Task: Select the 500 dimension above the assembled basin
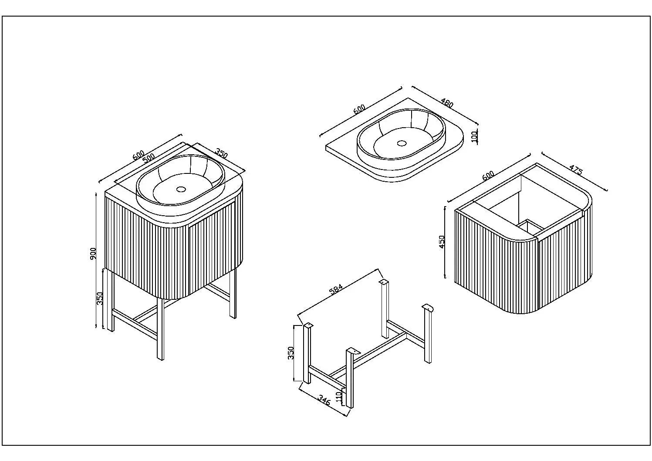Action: click(x=149, y=158)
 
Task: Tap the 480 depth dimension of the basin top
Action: click(x=447, y=104)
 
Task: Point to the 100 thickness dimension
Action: click(x=475, y=136)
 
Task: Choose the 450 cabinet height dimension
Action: click(x=442, y=242)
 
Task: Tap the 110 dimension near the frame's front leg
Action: click(x=340, y=397)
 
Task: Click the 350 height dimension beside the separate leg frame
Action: click(x=291, y=353)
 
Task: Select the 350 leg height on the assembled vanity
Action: click(x=99, y=298)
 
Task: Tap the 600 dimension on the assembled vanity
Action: click(x=138, y=154)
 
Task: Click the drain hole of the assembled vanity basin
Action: click(x=181, y=189)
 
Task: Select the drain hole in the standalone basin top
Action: click(x=402, y=142)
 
